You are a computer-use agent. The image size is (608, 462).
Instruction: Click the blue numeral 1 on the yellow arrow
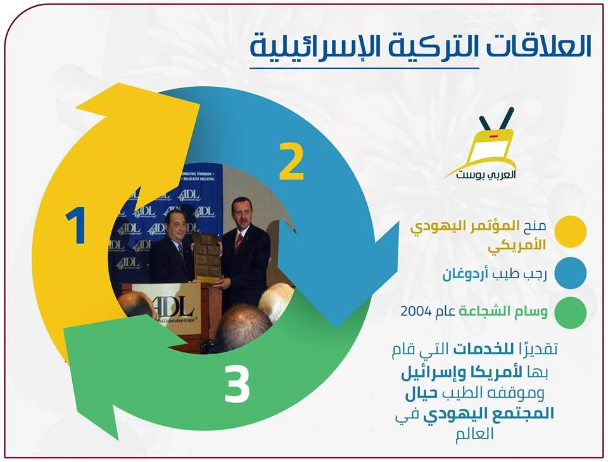click(76, 226)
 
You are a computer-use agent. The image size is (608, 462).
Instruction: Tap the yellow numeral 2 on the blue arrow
click(291, 162)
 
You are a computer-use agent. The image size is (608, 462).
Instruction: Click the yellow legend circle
click(570, 231)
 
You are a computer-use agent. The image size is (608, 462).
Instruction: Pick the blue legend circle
click(570, 273)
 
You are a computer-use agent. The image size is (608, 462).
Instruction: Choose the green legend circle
click(570, 312)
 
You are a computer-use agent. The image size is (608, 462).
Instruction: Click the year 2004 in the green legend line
click(416, 311)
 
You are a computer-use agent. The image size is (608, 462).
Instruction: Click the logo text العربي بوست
click(486, 174)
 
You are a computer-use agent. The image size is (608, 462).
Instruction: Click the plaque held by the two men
click(208, 259)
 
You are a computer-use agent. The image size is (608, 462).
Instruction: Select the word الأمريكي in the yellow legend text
click(517, 245)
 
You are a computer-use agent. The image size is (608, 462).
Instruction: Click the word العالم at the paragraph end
click(476, 433)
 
